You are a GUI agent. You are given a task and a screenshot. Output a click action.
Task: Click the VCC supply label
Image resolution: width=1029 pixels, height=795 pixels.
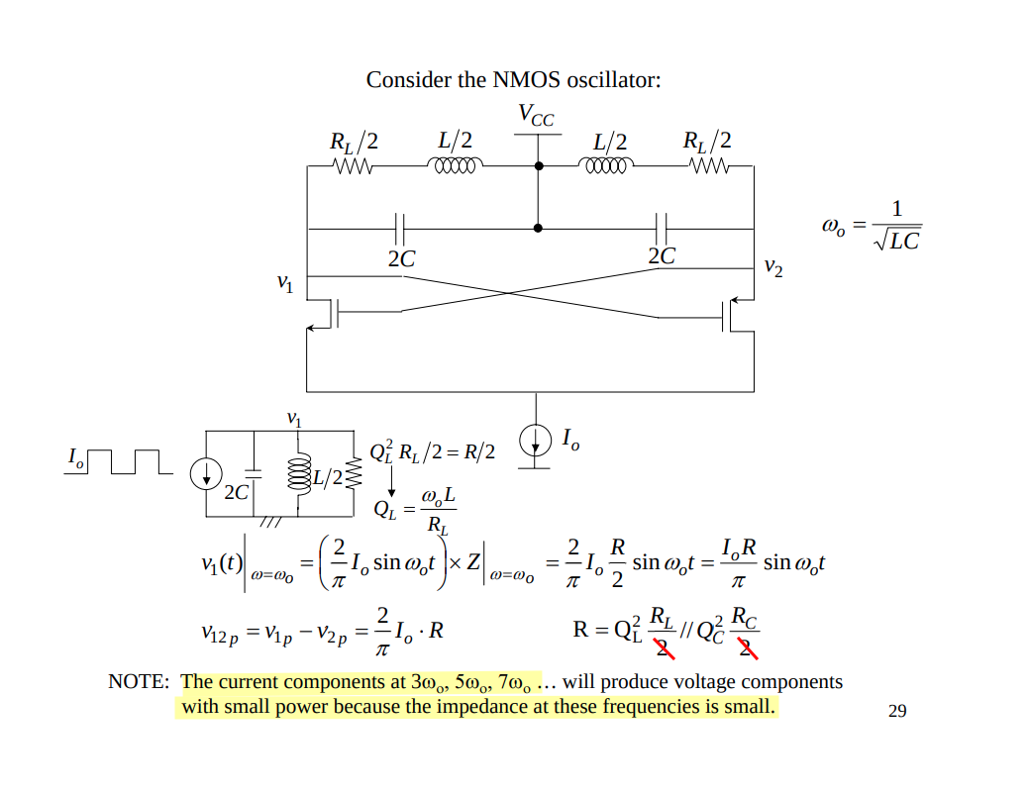(536, 116)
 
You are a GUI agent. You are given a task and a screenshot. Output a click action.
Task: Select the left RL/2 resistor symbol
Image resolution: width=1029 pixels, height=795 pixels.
(354, 167)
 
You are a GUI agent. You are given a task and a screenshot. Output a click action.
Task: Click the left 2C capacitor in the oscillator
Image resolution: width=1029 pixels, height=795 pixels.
(399, 229)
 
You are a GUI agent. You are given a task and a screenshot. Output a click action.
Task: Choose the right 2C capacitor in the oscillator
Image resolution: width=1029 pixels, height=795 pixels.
(662, 229)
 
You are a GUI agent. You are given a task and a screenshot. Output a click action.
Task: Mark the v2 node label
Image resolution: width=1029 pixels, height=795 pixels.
(773, 266)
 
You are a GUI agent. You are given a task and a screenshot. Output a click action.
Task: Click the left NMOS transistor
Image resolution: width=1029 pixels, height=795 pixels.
(326, 314)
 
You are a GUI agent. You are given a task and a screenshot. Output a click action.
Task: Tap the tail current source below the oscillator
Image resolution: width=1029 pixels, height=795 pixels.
(536, 441)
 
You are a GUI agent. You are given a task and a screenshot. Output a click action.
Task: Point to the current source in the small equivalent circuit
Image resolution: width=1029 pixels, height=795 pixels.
(205, 475)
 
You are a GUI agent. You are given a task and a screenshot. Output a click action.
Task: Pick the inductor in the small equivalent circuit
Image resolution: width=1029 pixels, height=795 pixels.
(296, 475)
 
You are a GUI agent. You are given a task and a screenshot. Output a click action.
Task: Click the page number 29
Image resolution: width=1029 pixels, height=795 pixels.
(897, 711)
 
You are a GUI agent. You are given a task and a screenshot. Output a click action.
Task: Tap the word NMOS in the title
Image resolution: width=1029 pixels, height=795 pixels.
(526, 80)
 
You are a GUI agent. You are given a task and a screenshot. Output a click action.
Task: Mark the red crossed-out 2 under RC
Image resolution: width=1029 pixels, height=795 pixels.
(749, 647)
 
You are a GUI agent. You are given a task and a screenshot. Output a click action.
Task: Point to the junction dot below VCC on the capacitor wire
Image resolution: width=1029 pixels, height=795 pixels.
(538, 228)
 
